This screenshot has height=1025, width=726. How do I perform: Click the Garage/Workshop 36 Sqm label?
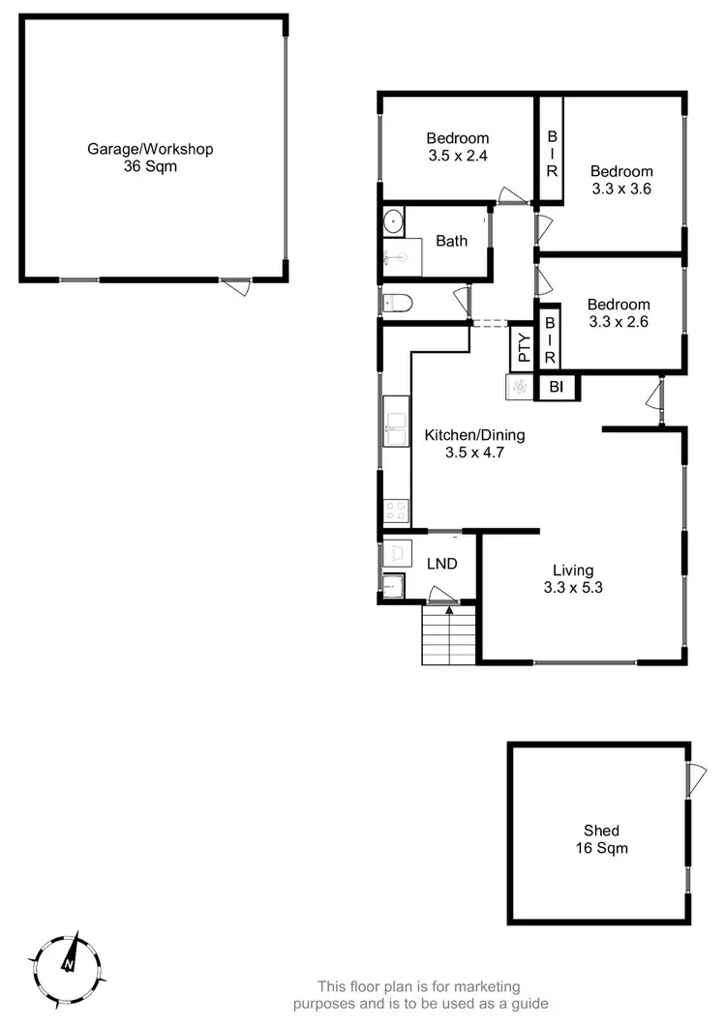[150, 158]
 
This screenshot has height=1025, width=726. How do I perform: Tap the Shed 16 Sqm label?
[601, 839]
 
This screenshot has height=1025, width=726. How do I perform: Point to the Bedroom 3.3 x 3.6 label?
[621, 181]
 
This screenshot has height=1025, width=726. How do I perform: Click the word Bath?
[452, 241]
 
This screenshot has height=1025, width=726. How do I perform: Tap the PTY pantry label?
[524, 348]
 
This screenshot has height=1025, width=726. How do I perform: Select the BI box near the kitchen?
[557, 388]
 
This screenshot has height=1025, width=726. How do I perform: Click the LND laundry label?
[442, 564]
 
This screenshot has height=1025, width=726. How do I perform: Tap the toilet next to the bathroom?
[398, 304]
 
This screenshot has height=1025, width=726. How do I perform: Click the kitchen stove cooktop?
[396, 510]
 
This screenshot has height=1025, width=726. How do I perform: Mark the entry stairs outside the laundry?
[449, 636]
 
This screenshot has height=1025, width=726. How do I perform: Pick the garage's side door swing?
[235, 286]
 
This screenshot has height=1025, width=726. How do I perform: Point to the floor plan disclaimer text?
[433, 995]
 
